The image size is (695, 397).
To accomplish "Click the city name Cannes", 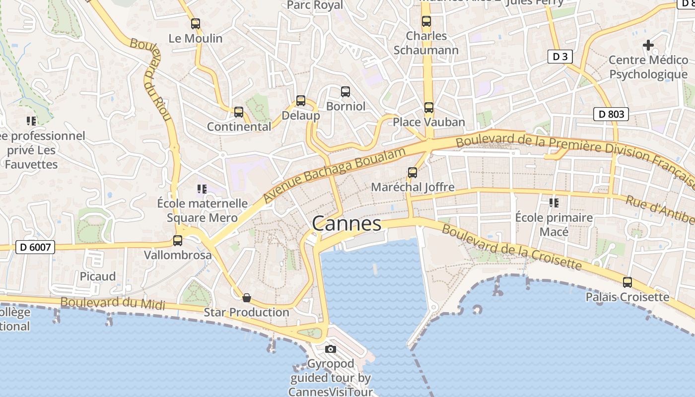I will coord(347,224).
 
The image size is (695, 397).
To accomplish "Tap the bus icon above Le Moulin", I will coord(196,23).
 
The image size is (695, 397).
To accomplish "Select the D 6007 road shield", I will coord(35,247).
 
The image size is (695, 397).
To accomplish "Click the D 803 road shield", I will coord(611,114).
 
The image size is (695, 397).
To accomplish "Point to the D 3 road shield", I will coord(560,57).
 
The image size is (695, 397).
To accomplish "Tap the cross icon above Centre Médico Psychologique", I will coord(648,45).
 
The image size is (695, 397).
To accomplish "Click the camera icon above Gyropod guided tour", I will coord(331,349).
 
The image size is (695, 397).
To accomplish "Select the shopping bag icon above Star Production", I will coord(246,298).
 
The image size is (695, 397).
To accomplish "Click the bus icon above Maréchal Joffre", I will coord(413,173).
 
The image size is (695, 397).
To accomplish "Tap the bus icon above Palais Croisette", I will coord(627,282).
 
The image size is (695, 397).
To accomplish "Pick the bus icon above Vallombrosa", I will coord(178,241).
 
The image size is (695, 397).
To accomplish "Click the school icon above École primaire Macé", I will coord(554,202).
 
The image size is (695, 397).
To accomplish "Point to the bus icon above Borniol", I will coord(346,92).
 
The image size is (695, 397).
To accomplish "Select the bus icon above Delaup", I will coord(301,101).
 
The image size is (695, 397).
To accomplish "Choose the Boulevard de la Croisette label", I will coord(511,247).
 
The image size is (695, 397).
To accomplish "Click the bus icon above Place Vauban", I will coord(429,107).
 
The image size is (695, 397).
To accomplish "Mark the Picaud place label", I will coord(98,276).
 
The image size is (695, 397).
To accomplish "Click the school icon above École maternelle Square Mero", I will coord(202,189).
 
